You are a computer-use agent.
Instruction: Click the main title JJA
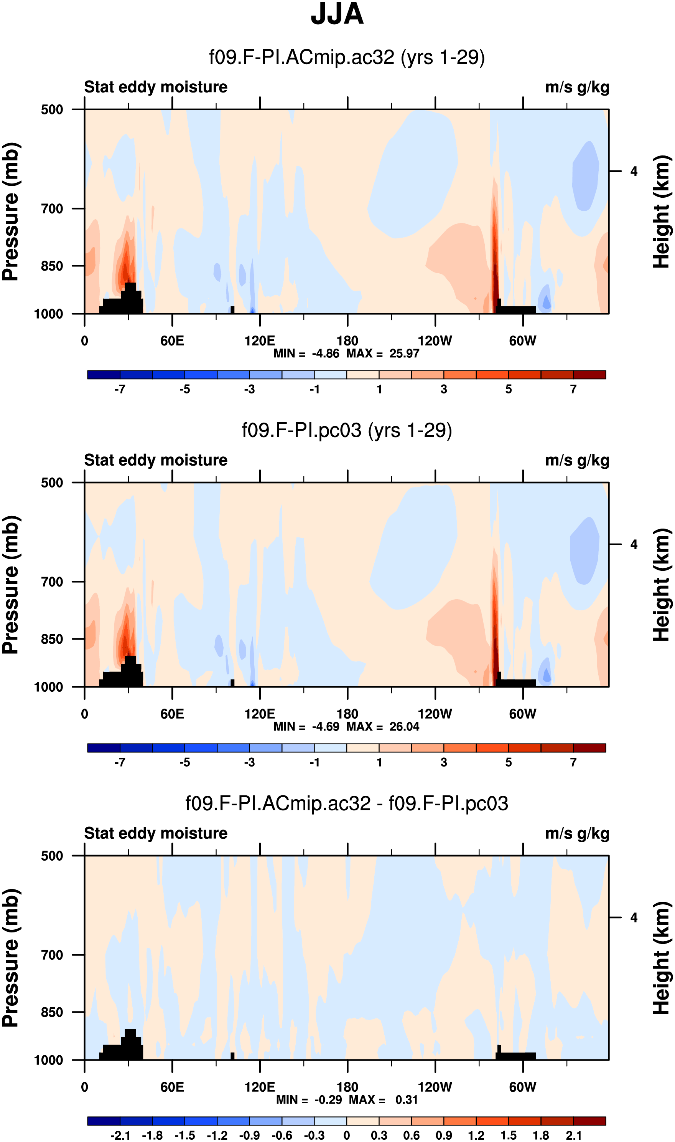click(337, 14)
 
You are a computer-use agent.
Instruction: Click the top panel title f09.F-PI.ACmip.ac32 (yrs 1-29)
click(347, 57)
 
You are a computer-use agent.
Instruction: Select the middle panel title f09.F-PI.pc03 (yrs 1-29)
click(347, 430)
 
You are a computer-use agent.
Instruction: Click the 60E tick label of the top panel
click(172, 340)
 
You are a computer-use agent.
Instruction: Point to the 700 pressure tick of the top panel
click(52, 209)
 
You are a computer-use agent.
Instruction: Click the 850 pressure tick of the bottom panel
click(52, 1012)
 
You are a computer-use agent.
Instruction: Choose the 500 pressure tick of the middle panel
click(52, 483)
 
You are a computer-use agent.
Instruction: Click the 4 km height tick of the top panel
click(634, 171)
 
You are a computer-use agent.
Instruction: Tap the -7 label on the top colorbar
click(120, 389)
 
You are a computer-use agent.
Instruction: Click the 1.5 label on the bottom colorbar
click(509, 1135)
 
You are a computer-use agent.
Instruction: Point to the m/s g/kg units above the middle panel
click(577, 461)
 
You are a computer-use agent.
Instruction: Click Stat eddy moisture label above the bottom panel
click(156, 833)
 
